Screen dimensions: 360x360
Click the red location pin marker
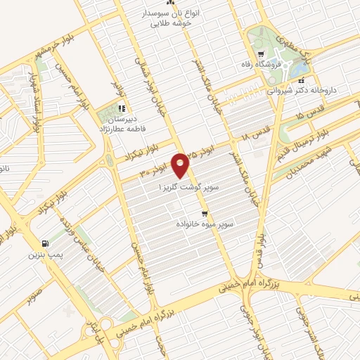(182, 166)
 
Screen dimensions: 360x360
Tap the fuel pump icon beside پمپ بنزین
(46, 242)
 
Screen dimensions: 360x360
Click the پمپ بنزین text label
(46, 253)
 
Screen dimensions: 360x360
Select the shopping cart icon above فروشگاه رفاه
(261, 54)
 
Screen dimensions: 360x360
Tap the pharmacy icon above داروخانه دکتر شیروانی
(302, 81)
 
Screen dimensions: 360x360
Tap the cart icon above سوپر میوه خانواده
(205, 213)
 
